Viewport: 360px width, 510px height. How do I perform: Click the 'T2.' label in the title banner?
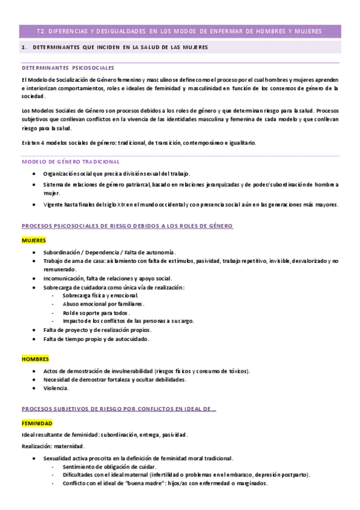click(x=41, y=31)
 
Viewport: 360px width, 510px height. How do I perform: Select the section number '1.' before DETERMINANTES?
click(x=23, y=47)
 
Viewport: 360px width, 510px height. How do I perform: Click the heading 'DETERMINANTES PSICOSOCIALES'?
click(x=67, y=68)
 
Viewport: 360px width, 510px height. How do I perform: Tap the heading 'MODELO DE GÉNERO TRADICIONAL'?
click(x=70, y=162)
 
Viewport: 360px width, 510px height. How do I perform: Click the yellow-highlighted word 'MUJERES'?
click(x=34, y=240)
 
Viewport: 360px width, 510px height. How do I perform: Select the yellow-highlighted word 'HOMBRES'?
click(x=35, y=359)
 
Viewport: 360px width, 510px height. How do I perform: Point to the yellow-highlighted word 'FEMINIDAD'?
click(x=37, y=423)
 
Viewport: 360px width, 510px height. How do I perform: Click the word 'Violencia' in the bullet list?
click(x=55, y=389)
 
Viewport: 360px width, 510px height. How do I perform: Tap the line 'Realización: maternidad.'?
click(x=53, y=446)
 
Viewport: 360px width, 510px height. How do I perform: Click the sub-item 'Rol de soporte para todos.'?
click(x=96, y=313)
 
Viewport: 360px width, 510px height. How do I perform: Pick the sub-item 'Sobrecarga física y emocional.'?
click(x=100, y=296)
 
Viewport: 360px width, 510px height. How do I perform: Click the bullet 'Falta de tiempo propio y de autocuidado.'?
click(x=96, y=339)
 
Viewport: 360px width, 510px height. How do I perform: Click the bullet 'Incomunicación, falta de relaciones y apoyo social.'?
click(x=108, y=278)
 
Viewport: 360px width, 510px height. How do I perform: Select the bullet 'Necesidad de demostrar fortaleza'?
click(x=115, y=379)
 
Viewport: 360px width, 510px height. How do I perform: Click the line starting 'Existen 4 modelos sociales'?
click(x=138, y=143)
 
